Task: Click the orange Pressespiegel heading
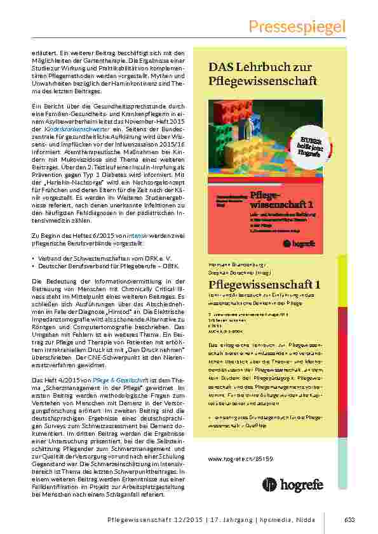(297, 26)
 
